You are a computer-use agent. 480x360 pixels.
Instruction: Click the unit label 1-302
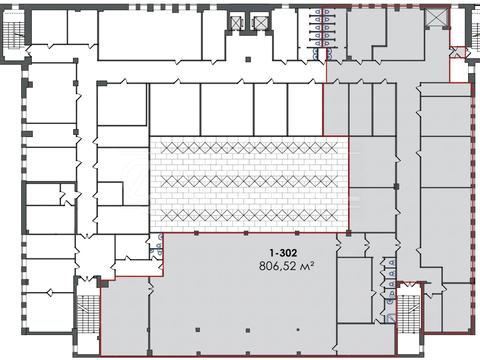point(283,253)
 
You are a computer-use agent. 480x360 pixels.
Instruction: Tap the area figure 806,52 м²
point(287,266)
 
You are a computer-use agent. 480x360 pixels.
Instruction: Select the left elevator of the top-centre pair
point(236,22)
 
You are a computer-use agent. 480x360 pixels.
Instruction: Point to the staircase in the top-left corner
point(15,33)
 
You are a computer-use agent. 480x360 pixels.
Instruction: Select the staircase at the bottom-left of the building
point(88,313)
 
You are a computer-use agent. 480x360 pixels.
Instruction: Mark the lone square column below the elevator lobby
point(248,59)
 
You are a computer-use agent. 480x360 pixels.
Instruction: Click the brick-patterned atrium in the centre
point(249,184)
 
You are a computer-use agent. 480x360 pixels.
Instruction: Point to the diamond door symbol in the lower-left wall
point(49,293)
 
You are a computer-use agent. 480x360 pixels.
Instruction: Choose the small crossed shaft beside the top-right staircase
point(457,52)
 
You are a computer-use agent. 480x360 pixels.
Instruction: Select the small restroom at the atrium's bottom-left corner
point(156,246)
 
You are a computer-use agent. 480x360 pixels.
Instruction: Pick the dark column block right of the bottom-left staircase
point(104,284)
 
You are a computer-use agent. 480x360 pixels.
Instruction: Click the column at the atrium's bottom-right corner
point(348,233)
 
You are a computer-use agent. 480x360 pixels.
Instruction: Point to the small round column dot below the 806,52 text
point(298,330)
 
